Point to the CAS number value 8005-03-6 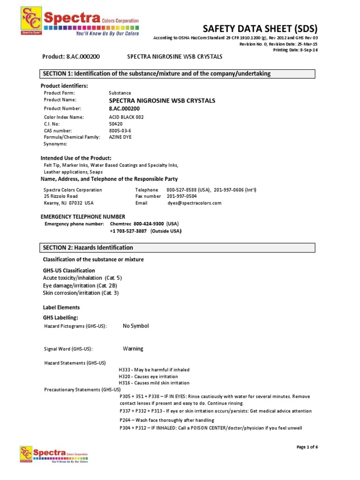(120, 130)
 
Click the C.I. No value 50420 (115, 124)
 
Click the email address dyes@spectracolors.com (194, 203)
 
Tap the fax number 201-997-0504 (182, 196)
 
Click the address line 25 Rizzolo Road (61, 196)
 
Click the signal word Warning (133, 349)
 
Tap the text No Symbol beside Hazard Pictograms (135, 326)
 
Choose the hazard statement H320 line (148, 376)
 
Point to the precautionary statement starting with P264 (166, 420)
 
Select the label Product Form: (60, 93)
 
